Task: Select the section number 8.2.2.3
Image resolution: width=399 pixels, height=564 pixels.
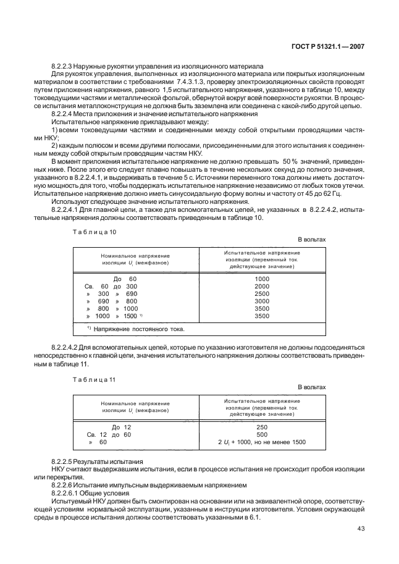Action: click(64, 65)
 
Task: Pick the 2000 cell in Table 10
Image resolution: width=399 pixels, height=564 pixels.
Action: click(262, 287)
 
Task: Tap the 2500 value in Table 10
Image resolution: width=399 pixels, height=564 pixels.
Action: click(262, 294)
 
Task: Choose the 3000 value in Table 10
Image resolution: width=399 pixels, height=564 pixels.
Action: click(262, 301)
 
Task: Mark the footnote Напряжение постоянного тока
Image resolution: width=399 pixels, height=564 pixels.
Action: click(138, 328)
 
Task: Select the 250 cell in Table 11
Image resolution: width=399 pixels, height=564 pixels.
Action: click(262, 427)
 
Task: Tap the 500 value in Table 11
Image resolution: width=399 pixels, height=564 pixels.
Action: click(262, 434)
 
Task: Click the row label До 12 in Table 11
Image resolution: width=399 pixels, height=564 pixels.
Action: click(121, 427)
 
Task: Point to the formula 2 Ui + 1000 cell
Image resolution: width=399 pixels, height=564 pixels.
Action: click(262, 442)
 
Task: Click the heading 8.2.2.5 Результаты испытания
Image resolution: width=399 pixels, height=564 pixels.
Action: click(97, 462)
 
